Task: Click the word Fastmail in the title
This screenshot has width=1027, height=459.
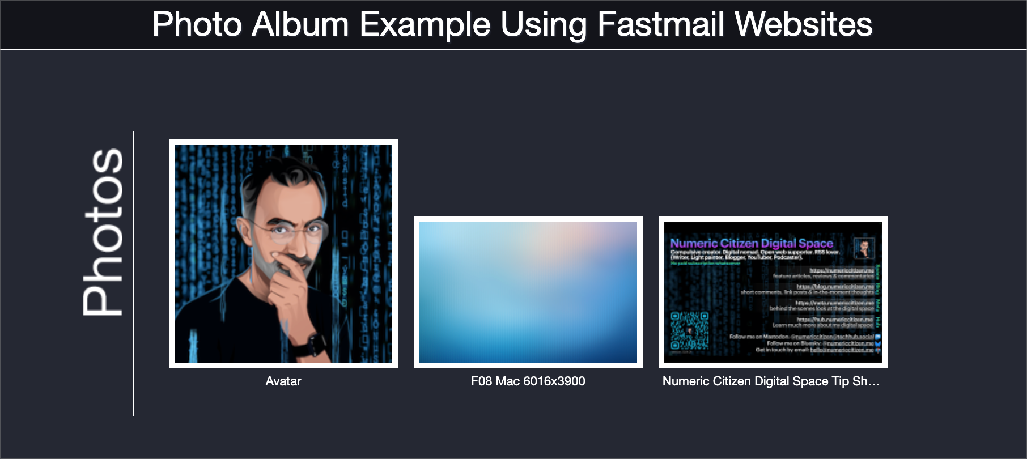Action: (661, 24)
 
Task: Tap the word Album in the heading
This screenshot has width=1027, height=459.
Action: (300, 24)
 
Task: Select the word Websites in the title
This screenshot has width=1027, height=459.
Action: (803, 24)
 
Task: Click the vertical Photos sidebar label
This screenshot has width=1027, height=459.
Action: (103, 232)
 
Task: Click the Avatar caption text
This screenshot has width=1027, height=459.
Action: (283, 381)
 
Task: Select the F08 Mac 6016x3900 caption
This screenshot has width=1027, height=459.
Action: (528, 381)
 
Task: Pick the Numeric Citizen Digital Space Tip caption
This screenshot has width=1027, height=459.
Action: (770, 381)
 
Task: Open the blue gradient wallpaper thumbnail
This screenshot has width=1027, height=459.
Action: (528, 292)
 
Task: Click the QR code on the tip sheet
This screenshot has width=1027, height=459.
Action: (689, 330)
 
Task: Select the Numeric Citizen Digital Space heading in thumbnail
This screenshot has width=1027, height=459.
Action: (751, 244)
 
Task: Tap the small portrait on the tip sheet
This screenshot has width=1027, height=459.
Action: (864, 248)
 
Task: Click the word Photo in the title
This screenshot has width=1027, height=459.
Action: (197, 24)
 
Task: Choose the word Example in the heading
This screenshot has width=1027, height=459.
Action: (425, 24)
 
